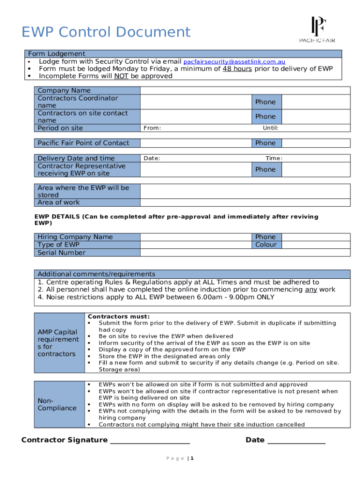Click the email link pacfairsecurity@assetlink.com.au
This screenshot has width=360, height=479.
point(234,62)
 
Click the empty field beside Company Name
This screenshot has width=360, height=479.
point(245,90)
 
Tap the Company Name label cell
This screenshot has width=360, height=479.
point(87,90)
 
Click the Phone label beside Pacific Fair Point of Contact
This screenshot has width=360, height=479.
point(265,143)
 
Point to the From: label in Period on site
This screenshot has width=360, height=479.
point(152,128)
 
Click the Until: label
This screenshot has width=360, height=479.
point(271,128)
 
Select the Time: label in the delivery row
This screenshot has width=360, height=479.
point(274,158)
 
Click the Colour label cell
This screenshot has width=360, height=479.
point(266,245)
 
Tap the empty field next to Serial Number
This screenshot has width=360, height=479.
point(245,253)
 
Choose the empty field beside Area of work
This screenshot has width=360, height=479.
point(245,203)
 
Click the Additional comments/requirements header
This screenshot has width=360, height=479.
point(96,274)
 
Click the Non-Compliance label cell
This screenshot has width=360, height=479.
point(58,405)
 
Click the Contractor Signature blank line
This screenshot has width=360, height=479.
point(150,441)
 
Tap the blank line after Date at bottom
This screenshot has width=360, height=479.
point(296,441)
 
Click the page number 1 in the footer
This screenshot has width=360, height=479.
point(192,458)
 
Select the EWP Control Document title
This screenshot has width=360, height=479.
point(106,32)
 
